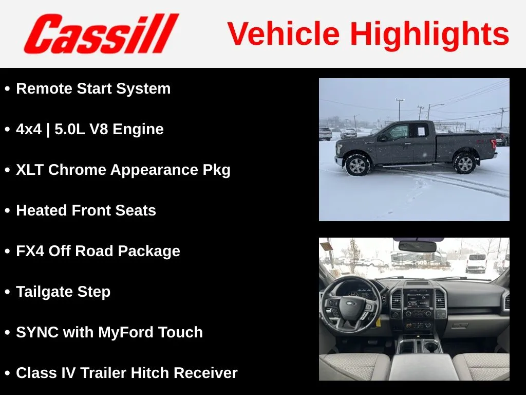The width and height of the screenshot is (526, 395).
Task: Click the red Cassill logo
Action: click(x=101, y=33)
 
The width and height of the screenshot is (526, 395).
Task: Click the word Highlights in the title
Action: click(x=430, y=34)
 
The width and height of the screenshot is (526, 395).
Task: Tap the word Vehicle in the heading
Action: click(x=284, y=33)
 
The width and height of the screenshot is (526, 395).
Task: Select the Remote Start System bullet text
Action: click(x=93, y=89)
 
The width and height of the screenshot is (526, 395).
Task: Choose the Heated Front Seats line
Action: click(x=86, y=210)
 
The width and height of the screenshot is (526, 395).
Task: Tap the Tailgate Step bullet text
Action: click(x=63, y=292)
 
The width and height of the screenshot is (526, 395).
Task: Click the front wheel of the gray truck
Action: click(x=358, y=165)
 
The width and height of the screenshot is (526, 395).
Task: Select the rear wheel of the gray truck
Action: click(x=464, y=163)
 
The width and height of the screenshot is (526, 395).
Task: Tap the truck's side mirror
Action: click(x=382, y=138)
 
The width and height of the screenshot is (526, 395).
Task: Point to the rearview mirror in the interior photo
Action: click(x=417, y=246)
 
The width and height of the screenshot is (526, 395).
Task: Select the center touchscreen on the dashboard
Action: click(x=418, y=300)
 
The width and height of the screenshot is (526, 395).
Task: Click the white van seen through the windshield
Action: click(x=476, y=262)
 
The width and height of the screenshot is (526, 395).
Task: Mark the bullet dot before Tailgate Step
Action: click(x=7, y=292)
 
